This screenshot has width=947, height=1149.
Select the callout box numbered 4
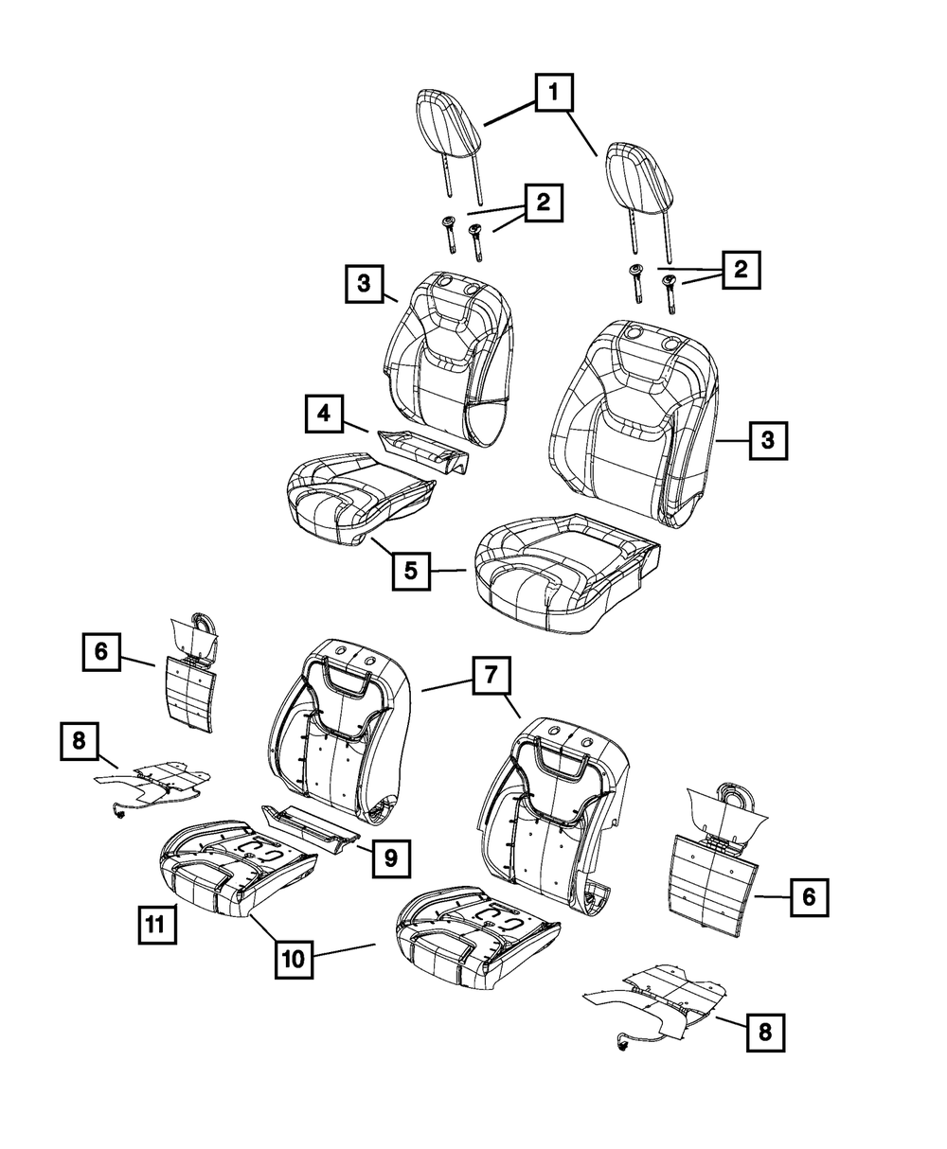[x=324, y=415]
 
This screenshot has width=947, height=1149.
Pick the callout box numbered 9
[x=390, y=857]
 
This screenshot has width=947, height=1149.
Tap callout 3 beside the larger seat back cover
[x=768, y=440]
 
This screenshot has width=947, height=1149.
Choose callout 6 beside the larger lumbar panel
[x=808, y=897]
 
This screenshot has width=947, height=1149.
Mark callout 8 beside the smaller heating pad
[x=79, y=743]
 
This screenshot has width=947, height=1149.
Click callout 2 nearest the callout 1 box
[x=543, y=203]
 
